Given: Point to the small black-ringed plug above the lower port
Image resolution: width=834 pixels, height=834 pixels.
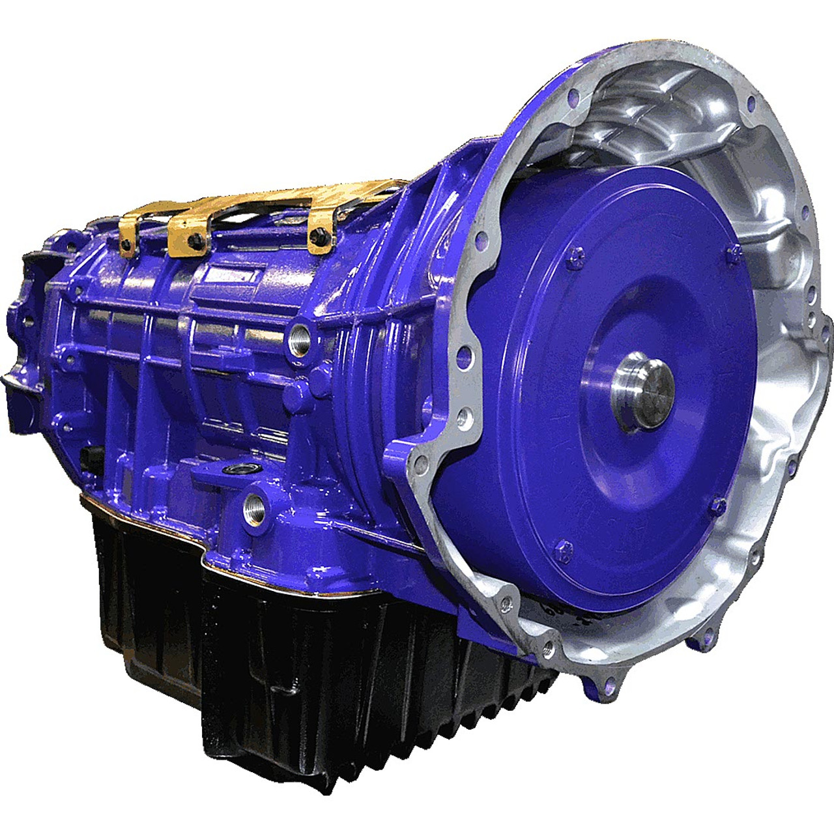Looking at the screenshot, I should click(232, 470).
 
